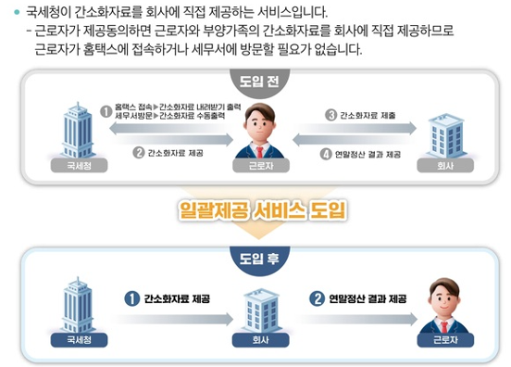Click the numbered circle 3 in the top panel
(330, 115)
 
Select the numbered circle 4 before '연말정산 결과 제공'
(325, 153)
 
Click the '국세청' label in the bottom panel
(81, 338)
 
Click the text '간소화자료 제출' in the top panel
(368, 115)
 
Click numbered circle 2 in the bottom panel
(316, 298)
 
